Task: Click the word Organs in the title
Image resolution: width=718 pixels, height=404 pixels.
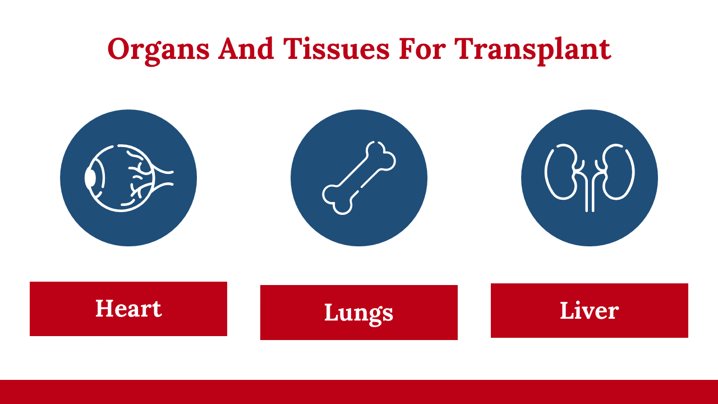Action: tap(158, 50)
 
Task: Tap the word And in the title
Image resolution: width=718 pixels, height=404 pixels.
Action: tap(246, 49)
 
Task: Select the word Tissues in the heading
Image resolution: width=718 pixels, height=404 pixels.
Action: tap(336, 49)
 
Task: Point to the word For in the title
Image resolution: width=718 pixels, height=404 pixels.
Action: tap(422, 49)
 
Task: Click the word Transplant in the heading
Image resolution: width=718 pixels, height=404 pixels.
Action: tap(533, 50)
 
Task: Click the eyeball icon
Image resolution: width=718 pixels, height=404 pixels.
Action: tap(128, 178)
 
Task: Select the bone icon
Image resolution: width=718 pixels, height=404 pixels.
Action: tap(359, 178)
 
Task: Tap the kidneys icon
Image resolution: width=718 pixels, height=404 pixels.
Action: tap(590, 178)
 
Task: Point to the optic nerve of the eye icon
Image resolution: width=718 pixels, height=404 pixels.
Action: tap(163, 178)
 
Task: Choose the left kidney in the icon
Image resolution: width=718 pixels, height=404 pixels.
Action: tap(563, 172)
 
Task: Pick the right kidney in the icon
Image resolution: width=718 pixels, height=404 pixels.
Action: tap(616, 172)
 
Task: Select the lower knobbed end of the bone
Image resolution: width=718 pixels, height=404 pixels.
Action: tap(337, 199)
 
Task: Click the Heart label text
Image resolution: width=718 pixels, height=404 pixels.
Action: tap(128, 309)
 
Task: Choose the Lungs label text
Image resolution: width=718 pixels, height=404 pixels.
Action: tap(358, 314)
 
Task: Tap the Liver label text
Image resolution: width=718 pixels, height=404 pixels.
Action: tap(590, 310)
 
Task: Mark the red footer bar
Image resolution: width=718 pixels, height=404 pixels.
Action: tap(359, 392)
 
